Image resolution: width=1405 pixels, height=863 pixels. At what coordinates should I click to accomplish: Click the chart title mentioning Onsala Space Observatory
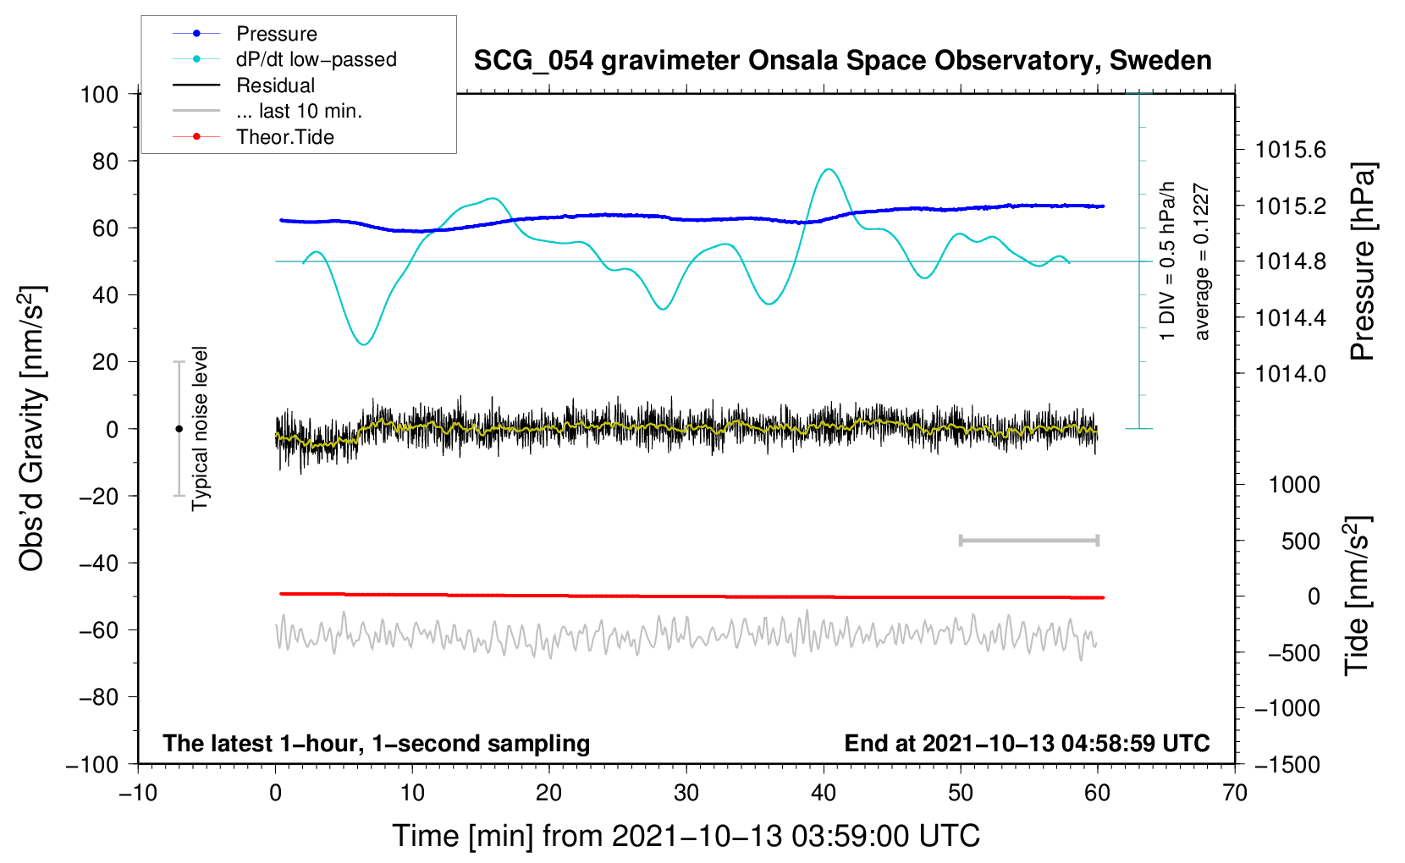(842, 61)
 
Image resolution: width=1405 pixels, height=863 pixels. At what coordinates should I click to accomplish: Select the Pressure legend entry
(277, 34)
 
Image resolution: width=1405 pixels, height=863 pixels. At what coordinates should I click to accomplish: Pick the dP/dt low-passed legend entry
(316, 59)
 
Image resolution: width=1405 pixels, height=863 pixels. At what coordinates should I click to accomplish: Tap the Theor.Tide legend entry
(284, 137)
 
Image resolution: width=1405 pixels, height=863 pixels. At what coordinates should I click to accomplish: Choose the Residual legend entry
(275, 85)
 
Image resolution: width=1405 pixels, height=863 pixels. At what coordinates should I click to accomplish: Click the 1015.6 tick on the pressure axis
(1291, 151)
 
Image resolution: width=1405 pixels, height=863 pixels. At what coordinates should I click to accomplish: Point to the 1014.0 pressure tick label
(1291, 374)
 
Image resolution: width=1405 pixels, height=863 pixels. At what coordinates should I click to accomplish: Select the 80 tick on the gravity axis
(105, 161)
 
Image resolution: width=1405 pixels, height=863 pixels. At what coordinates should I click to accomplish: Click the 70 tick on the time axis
(1235, 794)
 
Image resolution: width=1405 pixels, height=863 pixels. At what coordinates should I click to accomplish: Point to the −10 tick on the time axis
(138, 794)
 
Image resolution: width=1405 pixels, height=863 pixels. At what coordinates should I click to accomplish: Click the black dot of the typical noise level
(179, 429)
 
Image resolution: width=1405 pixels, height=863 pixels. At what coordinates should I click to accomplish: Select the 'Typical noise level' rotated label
(200, 429)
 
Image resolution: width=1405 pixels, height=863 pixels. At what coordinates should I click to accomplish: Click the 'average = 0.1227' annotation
(1202, 262)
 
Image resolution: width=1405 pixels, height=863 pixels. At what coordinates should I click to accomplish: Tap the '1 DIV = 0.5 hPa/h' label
(1168, 261)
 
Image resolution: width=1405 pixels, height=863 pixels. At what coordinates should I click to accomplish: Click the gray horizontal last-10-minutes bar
(1028, 540)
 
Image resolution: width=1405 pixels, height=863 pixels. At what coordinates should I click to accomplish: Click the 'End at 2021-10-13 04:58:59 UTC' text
(1027, 744)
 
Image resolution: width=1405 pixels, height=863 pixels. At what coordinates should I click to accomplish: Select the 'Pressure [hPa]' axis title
(1363, 262)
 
